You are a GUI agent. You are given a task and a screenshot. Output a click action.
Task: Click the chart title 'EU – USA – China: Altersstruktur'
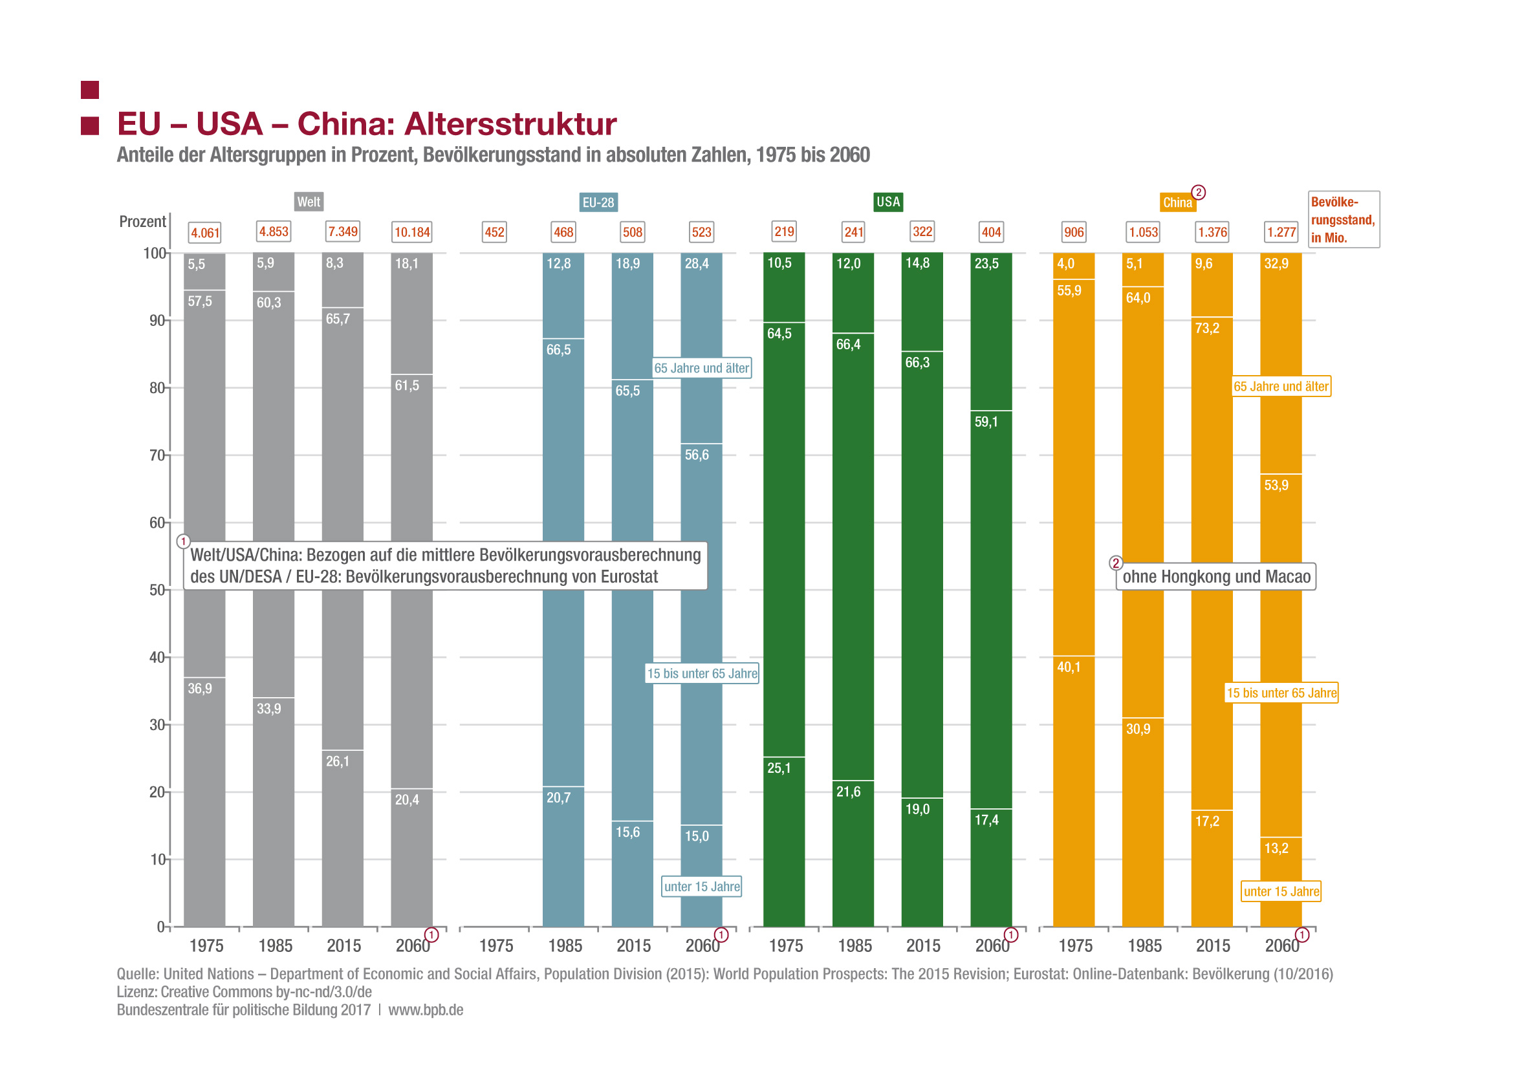pyautogui.click(x=366, y=124)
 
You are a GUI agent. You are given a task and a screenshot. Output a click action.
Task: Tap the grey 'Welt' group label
pyautogui.click(x=309, y=202)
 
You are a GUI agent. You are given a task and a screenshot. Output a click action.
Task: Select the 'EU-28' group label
pyautogui.click(x=598, y=202)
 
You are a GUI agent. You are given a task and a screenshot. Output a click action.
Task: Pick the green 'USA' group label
pyautogui.click(x=887, y=202)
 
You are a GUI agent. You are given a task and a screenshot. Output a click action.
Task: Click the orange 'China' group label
pyautogui.click(x=1177, y=202)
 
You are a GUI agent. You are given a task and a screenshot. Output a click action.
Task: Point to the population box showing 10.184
pyautogui.click(x=412, y=232)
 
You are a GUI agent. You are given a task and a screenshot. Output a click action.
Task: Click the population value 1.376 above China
pyautogui.click(x=1212, y=232)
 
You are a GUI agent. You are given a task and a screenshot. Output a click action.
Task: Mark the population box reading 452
pyautogui.click(x=494, y=232)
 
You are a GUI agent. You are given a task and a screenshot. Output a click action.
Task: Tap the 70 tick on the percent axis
pyautogui.click(x=157, y=455)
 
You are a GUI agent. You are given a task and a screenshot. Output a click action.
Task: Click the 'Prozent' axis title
pyautogui.click(x=142, y=221)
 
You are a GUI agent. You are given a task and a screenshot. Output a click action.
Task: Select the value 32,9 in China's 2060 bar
pyautogui.click(x=1276, y=263)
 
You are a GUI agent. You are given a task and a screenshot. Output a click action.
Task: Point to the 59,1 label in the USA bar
pyautogui.click(x=986, y=422)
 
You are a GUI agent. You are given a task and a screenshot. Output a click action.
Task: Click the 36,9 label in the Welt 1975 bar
pyautogui.click(x=200, y=688)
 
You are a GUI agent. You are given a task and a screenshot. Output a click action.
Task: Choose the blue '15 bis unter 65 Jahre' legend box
pyautogui.click(x=702, y=673)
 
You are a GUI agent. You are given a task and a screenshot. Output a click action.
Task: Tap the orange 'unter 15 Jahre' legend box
pyautogui.click(x=1281, y=891)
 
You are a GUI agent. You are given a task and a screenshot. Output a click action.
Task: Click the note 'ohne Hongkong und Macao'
pyautogui.click(x=1216, y=576)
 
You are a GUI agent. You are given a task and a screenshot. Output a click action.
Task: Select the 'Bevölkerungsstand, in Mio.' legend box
pyautogui.click(x=1343, y=219)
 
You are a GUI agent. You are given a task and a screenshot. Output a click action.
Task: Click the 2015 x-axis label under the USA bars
pyautogui.click(x=922, y=946)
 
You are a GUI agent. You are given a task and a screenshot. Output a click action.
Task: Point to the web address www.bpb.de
pyautogui.click(x=426, y=1010)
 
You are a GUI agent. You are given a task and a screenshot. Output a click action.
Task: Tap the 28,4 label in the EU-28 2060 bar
pyautogui.click(x=697, y=263)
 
